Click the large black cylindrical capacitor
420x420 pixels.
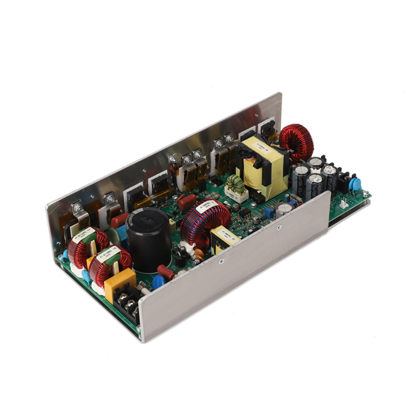[149, 239]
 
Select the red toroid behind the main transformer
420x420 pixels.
[296, 142]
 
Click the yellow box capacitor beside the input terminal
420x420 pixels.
[120, 284]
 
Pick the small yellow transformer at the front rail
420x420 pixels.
[224, 239]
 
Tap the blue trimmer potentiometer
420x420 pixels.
[268, 212]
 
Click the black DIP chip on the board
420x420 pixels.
[245, 214]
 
